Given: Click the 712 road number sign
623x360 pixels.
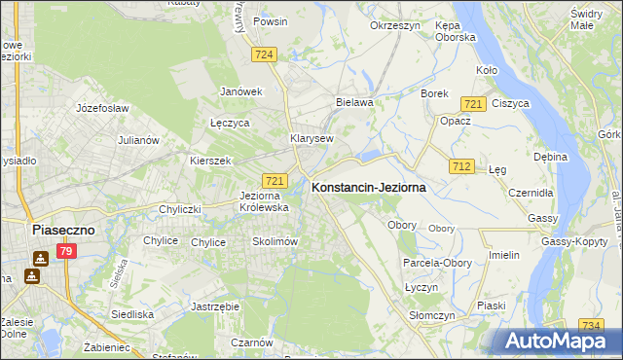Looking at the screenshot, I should coord(461,167).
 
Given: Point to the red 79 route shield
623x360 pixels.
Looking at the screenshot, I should coord(66,252).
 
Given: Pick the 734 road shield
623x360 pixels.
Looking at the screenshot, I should coord(590,325).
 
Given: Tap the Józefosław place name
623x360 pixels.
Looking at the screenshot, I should coord(104,108).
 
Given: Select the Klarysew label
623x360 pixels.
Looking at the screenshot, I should coord(311,138).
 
